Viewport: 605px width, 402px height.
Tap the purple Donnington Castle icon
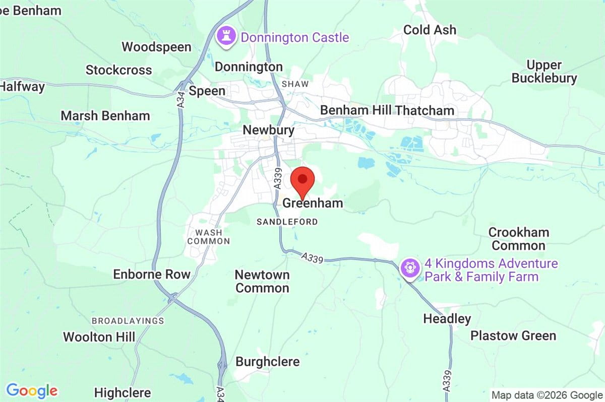point(225,36)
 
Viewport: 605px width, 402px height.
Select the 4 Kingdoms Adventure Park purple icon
point(410,267)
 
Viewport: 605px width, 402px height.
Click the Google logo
point(32,390)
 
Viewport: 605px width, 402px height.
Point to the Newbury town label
point(268,130)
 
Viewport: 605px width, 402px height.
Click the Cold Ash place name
point(430,30)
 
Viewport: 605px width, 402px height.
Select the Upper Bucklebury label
point(544,72)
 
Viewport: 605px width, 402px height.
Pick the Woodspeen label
point(156,47)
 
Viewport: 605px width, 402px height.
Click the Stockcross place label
point(118,70)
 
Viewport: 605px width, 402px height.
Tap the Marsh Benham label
point(105,116)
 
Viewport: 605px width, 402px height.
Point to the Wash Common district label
point(208,237)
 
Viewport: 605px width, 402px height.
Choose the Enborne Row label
point(152,275)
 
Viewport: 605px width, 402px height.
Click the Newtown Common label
point(262,282)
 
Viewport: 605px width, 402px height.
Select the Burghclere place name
point(267,362)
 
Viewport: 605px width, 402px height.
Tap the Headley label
point(447,318)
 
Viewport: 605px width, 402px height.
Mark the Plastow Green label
point(513,336)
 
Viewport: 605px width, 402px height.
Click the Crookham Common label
point(518,239)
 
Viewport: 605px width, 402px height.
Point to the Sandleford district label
point(287,222)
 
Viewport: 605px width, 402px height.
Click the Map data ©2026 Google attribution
point(547,395)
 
